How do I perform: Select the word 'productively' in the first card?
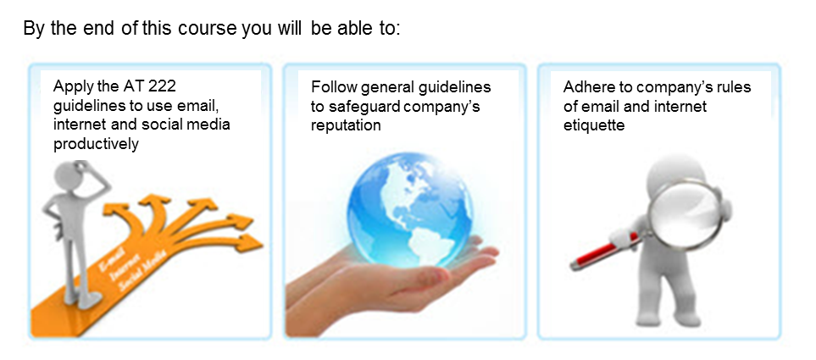97,144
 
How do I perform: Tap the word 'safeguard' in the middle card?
364,106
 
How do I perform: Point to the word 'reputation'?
346,125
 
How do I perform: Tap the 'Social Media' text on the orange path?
142,270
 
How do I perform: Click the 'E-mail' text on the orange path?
112,258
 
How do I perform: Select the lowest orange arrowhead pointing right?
250,242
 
